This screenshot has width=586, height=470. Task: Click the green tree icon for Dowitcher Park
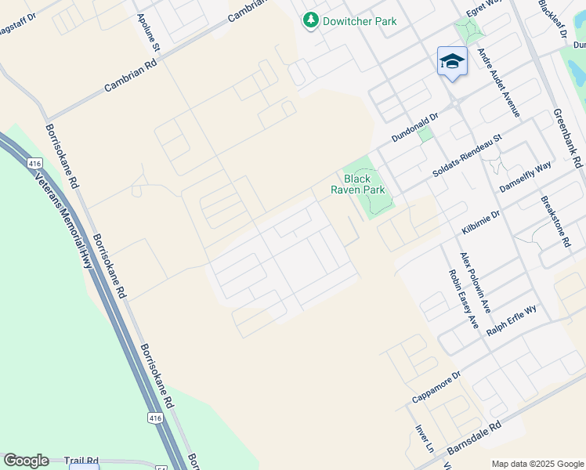tap(312, 20)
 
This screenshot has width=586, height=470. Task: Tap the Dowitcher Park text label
tap(360, 21)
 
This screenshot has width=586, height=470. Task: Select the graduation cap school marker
tap(452, 61)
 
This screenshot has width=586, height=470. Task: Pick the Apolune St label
tap(148, 33)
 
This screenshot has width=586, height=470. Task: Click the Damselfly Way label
tap(526, 176)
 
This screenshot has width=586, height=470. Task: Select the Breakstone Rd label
tap(555, 222)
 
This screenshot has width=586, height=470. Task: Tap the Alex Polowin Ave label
tap(475, 281)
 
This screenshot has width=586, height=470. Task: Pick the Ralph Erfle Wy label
tap(512, 320)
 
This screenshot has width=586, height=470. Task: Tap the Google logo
tap(26, 461)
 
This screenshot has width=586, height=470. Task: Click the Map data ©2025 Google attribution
tap(537, 464)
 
